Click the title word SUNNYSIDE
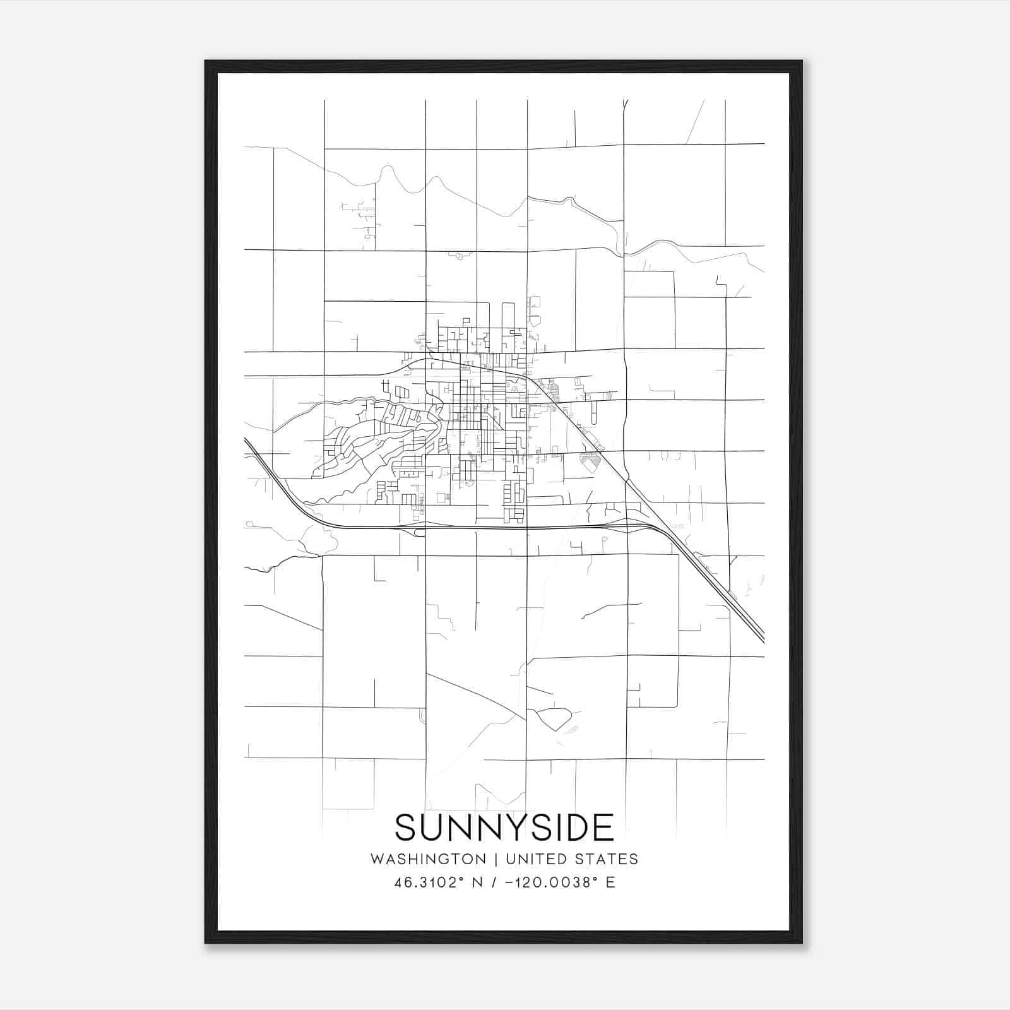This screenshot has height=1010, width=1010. click(504, 828)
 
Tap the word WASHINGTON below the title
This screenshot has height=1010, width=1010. click(428, 859)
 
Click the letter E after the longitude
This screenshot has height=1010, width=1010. click(610, 882)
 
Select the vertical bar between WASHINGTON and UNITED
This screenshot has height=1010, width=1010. click(496, 859)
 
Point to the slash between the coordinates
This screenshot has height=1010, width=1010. click(498, 882)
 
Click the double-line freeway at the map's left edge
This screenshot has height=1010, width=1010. click(247, 442)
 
